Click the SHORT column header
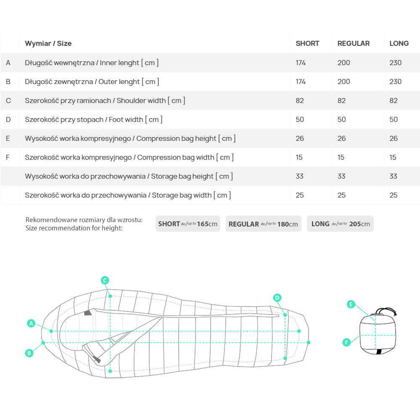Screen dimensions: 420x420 point(307,43)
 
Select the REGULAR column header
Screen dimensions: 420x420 point(353,43)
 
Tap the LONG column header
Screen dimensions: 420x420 point(399,43)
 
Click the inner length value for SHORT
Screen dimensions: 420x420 point(301,63)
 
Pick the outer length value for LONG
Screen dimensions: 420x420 point(395,82)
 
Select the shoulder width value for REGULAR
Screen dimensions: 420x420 point(341,101)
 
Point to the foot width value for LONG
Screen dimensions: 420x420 point(394,119)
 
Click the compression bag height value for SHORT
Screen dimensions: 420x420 point(300,138)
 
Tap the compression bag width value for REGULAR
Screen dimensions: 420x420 point(341,158)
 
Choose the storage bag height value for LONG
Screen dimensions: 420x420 point(393,176)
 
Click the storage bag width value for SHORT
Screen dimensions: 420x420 point(300,195)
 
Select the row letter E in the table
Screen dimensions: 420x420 point(8,138)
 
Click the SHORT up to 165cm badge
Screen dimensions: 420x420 point(188,224)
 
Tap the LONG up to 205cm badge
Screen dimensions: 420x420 point(340,224)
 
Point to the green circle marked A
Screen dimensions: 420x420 point(31,323)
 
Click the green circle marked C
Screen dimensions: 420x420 point(105,280)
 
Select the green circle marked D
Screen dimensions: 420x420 point(277,298)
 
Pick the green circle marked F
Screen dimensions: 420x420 point(346,342)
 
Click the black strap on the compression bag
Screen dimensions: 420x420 point(379,351)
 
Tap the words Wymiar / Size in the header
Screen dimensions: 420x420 point(48,43)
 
